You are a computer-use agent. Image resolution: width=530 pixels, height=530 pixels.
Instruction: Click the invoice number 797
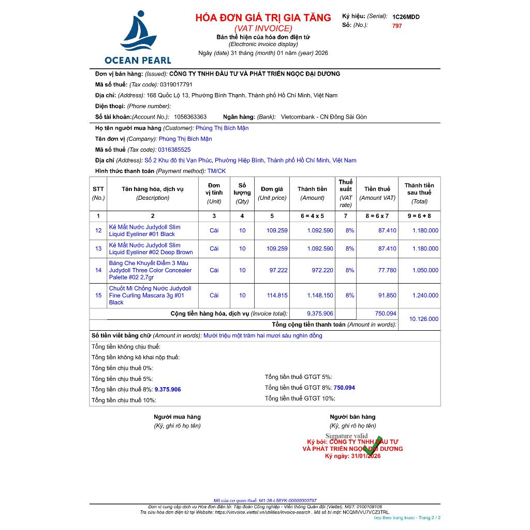tap(397, 26)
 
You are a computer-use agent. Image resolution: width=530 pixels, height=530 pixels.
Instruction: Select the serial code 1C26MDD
tap(406, 17)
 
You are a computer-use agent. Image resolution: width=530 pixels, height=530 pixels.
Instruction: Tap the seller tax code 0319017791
tap(176, 84)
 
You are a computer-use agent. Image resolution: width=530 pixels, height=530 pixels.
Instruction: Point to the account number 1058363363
tap(190, 117)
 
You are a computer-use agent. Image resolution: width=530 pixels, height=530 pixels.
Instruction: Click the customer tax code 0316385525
tap(174, 150)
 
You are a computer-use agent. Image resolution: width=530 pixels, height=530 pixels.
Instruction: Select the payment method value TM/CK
tap(216, 171)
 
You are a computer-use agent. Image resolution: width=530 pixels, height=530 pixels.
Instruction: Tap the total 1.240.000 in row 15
tap(425, 296)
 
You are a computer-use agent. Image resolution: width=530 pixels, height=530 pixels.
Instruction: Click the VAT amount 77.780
tap(387, 270)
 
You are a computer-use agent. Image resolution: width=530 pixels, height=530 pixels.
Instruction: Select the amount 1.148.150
tap(320, 296)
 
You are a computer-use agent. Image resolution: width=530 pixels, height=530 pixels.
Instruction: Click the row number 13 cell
tap(98, 248)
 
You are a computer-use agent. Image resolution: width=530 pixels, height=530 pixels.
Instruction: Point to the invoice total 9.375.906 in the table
tap(320, 314)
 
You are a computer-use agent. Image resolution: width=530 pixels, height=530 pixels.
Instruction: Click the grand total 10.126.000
tap(423, 319)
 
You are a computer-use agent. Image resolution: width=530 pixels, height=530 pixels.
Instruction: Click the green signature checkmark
tap(373, 445)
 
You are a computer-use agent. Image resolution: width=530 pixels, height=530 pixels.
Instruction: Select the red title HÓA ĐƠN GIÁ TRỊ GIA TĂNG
tap(263, 18)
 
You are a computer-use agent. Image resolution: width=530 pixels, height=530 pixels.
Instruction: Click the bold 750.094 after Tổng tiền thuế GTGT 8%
tap(344, 388)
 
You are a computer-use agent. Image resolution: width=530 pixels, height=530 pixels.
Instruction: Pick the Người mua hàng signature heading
tap(177, 417)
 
